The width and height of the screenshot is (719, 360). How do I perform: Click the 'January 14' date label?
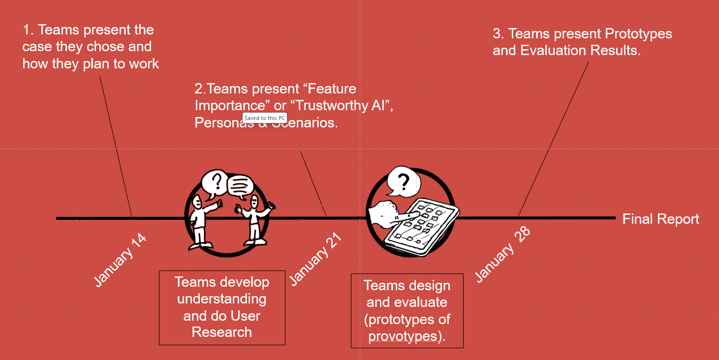[120, 260]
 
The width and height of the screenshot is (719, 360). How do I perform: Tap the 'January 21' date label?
[315, 259]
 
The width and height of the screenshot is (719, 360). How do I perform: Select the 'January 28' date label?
[502, 254]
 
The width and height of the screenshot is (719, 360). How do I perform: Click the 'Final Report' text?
[660, 219]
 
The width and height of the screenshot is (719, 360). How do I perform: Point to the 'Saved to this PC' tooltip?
[264, 118]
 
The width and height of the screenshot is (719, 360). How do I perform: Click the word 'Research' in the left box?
[222, 332]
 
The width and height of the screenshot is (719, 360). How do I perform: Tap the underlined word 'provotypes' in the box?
[403, 336]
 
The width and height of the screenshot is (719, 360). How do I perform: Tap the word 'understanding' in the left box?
[222, 299]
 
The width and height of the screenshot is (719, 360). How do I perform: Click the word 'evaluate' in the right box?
[423, 302]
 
